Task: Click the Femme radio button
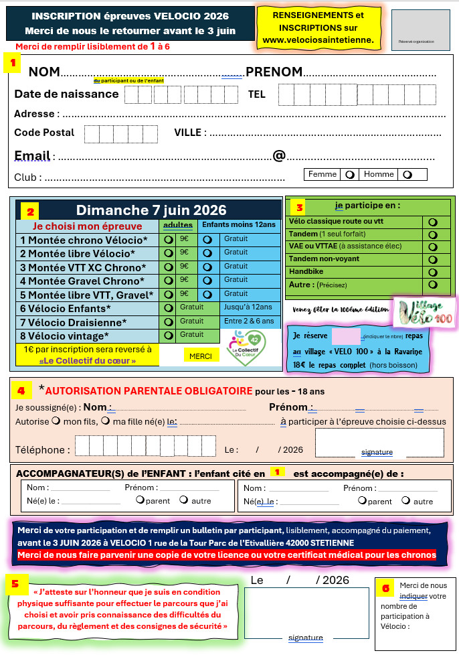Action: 350,175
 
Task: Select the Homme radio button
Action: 406,175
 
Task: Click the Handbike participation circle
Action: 432,272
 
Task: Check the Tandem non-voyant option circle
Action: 432,259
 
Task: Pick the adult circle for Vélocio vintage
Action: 168,335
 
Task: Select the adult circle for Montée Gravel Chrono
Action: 168,280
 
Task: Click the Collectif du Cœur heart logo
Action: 245,348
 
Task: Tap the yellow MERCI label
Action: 200,356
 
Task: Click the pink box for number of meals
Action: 346,336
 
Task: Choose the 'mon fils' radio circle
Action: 57,421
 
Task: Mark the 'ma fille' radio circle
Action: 105,421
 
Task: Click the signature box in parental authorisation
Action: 379,443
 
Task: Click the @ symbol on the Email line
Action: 279,156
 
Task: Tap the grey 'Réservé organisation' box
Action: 420,29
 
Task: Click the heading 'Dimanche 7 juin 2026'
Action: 151,210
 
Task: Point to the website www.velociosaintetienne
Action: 318,40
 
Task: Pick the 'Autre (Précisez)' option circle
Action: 432,285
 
